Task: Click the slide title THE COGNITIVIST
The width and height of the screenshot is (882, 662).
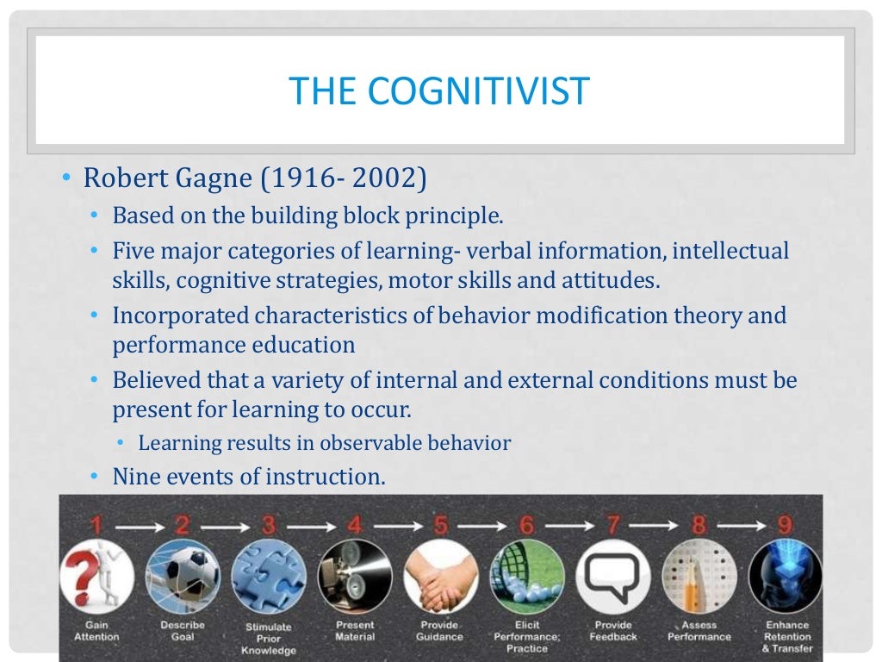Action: tap(439, 91)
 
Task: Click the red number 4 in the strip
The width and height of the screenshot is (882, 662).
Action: tap(354, 522)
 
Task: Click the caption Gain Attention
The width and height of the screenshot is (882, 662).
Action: tap(96, 631)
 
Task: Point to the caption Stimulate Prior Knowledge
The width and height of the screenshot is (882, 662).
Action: tap(269, 639)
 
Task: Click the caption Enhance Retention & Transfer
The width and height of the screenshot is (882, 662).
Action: tap(786, 637)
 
